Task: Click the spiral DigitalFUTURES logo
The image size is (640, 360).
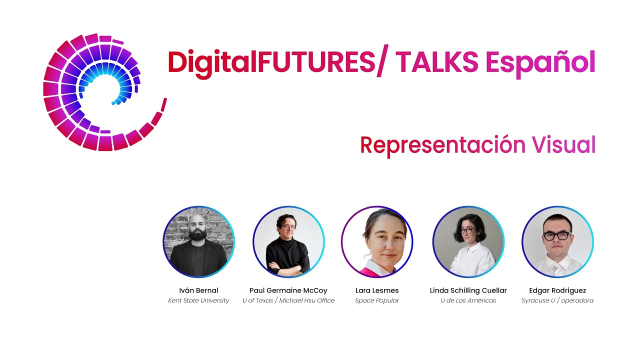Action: [x=100, y=92]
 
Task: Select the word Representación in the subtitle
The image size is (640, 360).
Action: [x=442, y=145]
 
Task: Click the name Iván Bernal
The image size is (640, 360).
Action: [x=198, y=290]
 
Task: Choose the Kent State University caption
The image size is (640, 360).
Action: [x=198, y=300]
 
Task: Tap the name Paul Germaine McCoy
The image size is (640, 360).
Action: [x=288, y=290]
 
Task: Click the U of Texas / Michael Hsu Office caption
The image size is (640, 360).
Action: [x=288, y=300]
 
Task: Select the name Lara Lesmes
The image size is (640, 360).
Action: [x=377, y=290]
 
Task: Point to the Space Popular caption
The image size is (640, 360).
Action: [x=377, y=300]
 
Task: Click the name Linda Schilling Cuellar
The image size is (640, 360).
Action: [x=468, y=290]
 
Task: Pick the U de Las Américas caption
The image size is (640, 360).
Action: [x=468, y=300]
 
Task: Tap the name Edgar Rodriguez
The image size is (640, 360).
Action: [x=557, y=290]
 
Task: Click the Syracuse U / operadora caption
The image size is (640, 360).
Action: [x=557, y=300]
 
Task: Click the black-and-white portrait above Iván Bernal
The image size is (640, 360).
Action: [x=198, y=242]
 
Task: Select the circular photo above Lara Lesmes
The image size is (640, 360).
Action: [x=377, y=242]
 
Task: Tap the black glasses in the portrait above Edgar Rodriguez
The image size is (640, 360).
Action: [x=556, y=235]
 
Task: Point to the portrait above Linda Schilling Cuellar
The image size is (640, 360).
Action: [x=468, y=242]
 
